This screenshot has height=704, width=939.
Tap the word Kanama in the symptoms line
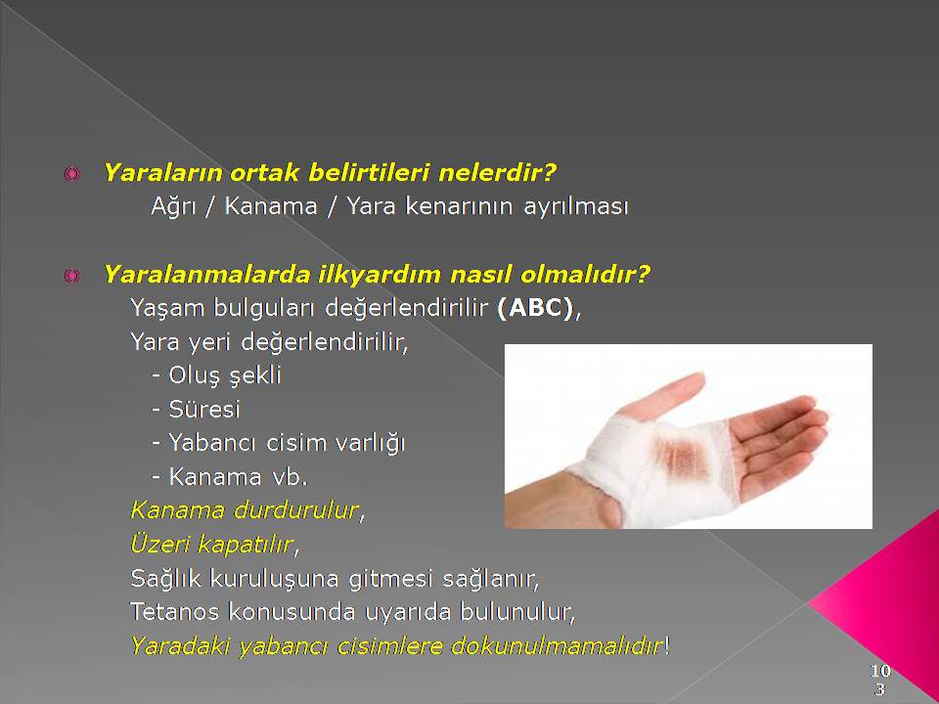[271, 206]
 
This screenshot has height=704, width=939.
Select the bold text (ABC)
[535, 308]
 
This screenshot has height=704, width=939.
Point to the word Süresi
[204, 410]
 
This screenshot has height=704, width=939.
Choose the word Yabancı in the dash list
[213, 443]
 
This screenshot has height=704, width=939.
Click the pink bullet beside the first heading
[71, 174]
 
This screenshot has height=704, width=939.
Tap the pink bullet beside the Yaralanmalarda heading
[71, 276]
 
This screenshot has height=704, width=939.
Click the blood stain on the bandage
[682, 457]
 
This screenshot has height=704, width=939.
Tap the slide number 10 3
[880, 680]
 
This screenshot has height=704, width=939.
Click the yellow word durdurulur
[295, 510]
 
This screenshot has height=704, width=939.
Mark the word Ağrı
[174, 207]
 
